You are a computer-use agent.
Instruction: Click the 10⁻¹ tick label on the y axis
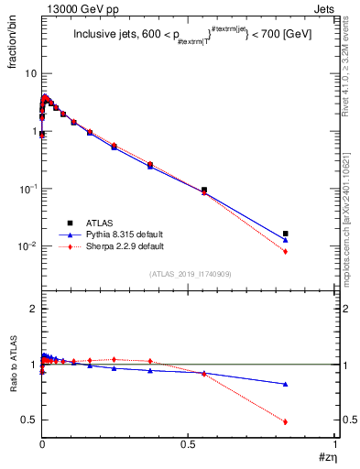tap(27, 189)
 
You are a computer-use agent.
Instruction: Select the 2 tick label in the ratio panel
tap(33, 309)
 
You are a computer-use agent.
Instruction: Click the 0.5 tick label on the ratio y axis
tap(28, 420)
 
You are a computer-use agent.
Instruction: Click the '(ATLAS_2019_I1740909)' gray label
tap(189, 274)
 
